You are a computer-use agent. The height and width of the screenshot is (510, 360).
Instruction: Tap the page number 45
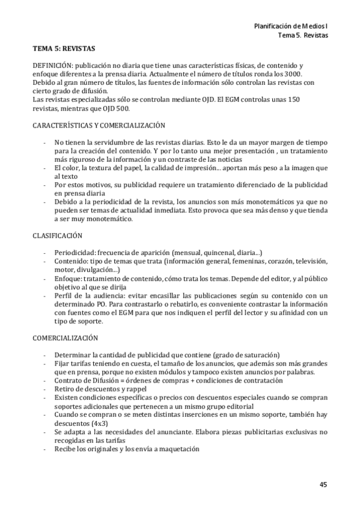pyautogui.click(x=323, y=484)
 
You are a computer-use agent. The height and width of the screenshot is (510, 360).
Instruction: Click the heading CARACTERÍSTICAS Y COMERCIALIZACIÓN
pyautogui.click(x=99, y=125)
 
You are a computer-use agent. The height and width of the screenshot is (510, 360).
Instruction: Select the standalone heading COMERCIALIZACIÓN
pyautogui.click(x=65, y=339)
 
